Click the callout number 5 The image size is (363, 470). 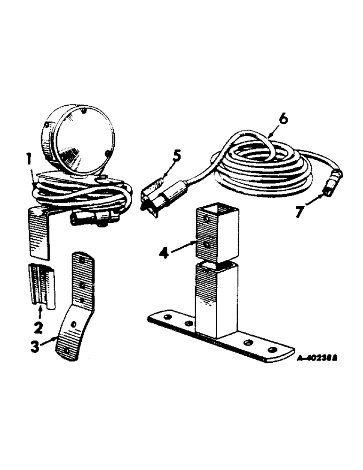(x=176, y=155)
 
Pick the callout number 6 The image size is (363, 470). (x=282, y=119)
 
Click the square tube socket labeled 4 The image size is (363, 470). (x=216, y=235)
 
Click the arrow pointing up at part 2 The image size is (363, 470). (x=40, y=310)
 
